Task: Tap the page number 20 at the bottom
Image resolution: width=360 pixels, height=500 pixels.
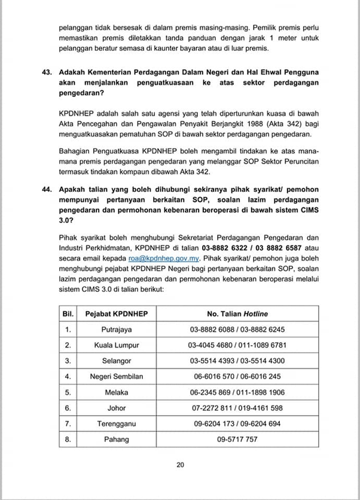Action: (180, 464)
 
